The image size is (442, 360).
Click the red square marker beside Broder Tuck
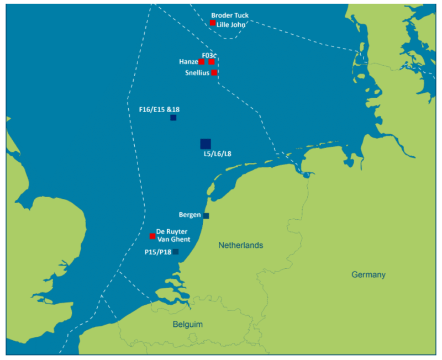click(x=213, y=23)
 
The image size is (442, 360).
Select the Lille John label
click(x=231, y=24)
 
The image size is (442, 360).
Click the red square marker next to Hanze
click(x=202, y=62)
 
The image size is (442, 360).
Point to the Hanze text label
click(x=188, y=62)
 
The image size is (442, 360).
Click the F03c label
click(x=209, y=55)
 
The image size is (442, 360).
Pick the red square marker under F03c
click(x=212, y=62)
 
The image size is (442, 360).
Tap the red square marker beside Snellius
click(x=214, y=72)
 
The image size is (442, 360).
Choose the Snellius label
click(x=197, y=73)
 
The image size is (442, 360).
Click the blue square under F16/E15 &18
click(x=173, y=118)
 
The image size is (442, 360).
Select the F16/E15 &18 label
click(x=159, y=109)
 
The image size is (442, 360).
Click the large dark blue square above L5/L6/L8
click(x=206, y=144)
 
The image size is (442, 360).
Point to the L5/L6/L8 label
click(x=217, y=154)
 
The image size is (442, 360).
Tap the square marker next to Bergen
click(x=207, y=216)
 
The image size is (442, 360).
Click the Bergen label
click(x=190, y=214)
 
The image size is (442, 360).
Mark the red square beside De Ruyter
click(x=152, y=236)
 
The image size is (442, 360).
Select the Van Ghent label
click(x=173, y=240)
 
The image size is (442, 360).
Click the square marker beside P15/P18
click(x=176, y=252)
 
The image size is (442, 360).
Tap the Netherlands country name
click(x=240, y=245)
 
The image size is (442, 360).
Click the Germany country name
click(x=369, y=275)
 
